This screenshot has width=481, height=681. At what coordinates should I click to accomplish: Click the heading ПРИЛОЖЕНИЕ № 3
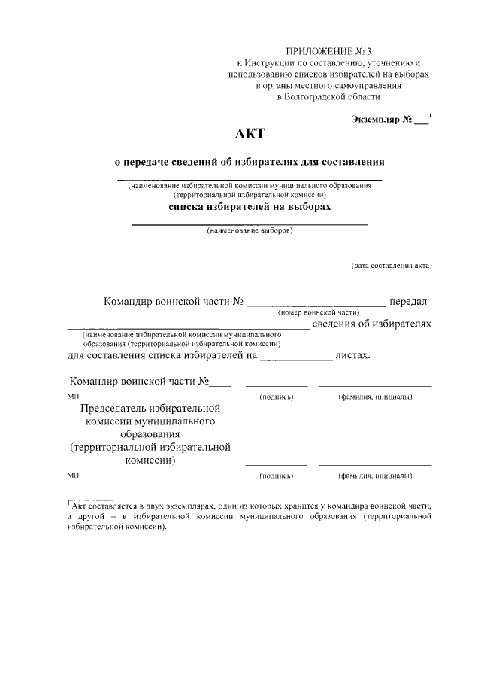coord(329,50)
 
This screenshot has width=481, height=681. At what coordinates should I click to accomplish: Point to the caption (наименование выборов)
coord(250,231)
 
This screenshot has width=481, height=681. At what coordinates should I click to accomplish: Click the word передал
coord(408,302)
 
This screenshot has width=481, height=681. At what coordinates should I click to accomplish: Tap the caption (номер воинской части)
coord(319,312)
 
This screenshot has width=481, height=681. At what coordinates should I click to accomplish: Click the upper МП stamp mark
coord(72,396)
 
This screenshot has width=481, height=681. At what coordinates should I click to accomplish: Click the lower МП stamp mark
coord(72,476)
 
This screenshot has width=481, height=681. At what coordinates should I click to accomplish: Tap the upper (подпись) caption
coord(276,396)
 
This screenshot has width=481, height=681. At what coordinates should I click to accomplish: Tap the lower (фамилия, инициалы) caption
coord(375,476)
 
